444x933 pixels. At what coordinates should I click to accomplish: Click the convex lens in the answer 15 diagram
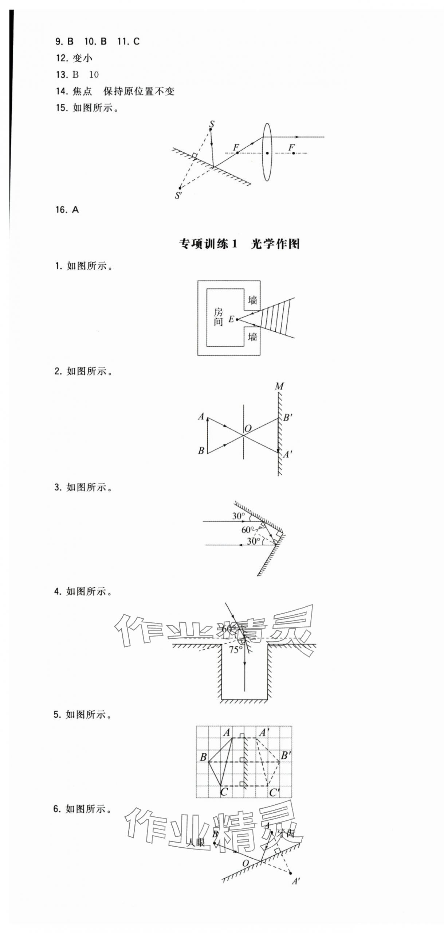click(267, 152)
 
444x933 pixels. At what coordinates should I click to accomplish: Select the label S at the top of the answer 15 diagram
click(212, 124)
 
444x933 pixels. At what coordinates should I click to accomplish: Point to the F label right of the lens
click(291, 147)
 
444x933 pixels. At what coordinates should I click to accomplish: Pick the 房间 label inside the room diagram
click(218, 316)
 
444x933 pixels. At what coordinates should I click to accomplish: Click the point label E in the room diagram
click(231, 319)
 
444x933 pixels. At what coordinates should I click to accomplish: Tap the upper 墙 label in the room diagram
click(252, 300)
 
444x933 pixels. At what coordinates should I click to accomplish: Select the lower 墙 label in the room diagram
click(252, 337)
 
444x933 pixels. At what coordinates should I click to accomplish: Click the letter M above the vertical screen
click(279, 386)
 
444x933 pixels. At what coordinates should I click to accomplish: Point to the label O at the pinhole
click(248, 428)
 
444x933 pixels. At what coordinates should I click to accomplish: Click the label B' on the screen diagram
click(287, 417)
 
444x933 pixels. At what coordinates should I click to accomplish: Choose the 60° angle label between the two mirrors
click(247, 530)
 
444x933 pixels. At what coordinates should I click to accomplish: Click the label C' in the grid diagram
click(274, 792)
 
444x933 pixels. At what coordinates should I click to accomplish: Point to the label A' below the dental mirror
click(296, 881)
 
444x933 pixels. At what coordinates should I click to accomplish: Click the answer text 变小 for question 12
click(82, 58)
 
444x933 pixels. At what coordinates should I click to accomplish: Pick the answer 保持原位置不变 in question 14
click(139, 91)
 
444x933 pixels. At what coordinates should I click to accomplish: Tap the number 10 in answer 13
click(94, 75)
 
